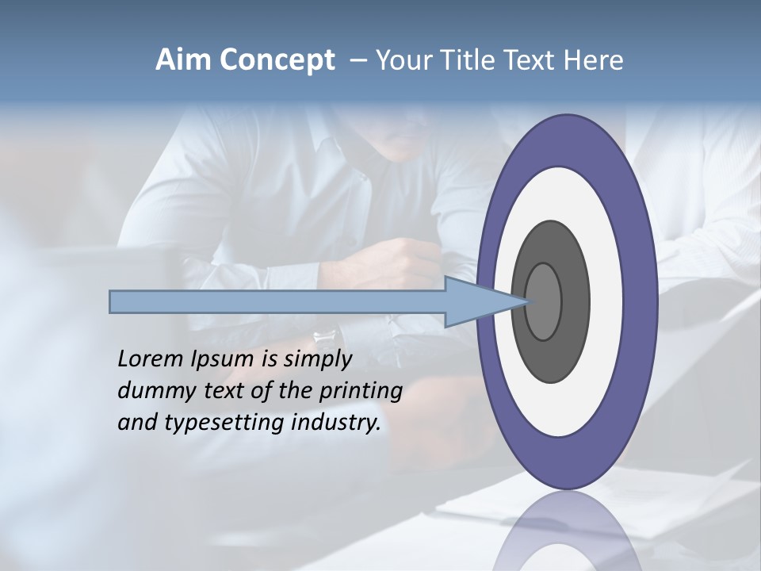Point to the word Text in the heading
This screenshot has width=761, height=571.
[534, 60]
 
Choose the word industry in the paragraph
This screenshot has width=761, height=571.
[336, 423]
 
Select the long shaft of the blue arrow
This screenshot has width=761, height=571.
[277, 301]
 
